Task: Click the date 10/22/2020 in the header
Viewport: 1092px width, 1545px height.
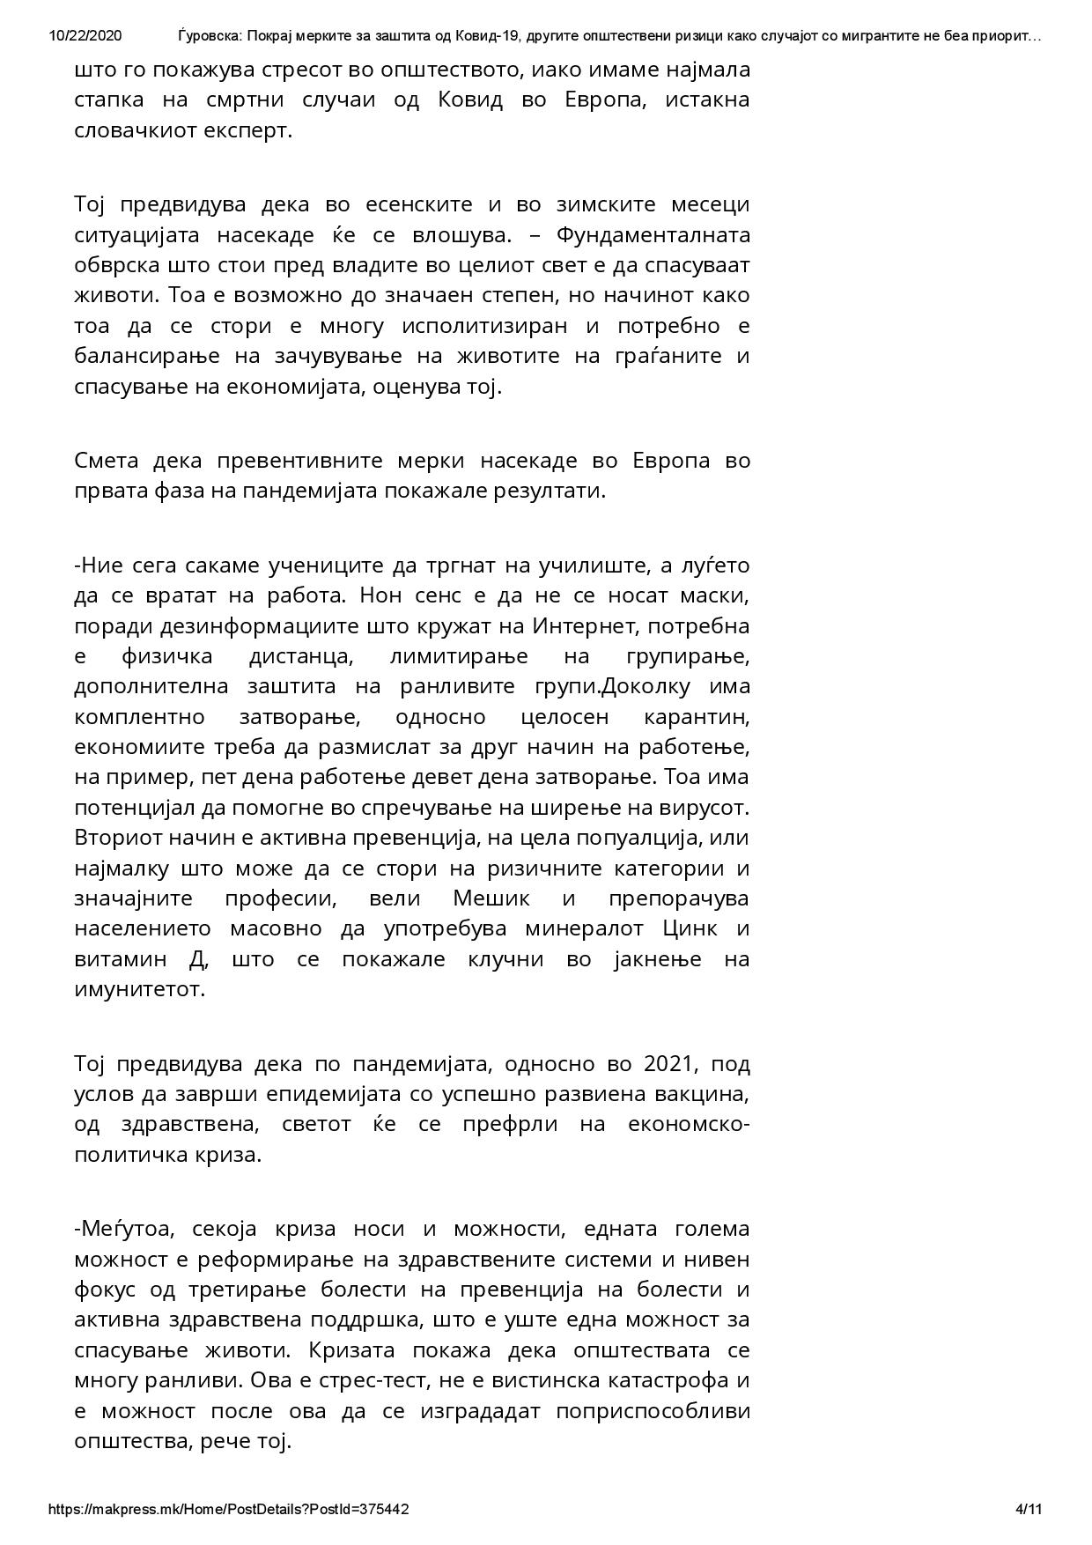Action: click(x=86, y=36)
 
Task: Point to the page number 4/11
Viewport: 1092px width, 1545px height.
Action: click(x=1029, y=1509)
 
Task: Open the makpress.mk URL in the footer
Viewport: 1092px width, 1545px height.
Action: click(x=228, y=1509)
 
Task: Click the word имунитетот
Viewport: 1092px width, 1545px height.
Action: click(x=140, y=989)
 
